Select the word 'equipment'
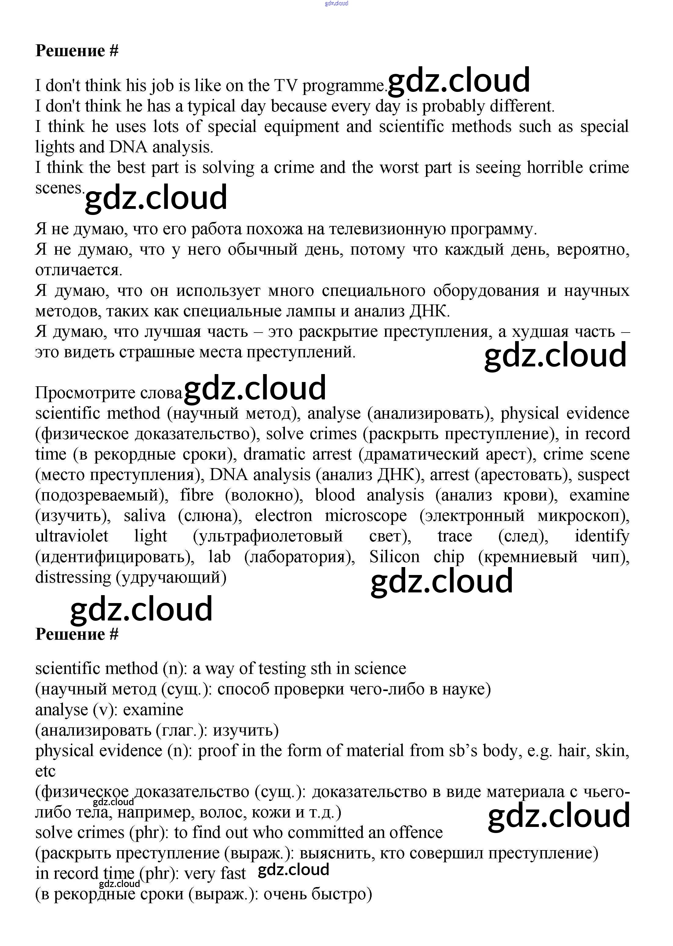coord(301,127)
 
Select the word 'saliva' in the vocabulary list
coord(144,516)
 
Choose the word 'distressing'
coord(73,577)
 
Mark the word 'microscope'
coord(366,516)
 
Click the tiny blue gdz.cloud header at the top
coord(336,3)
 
